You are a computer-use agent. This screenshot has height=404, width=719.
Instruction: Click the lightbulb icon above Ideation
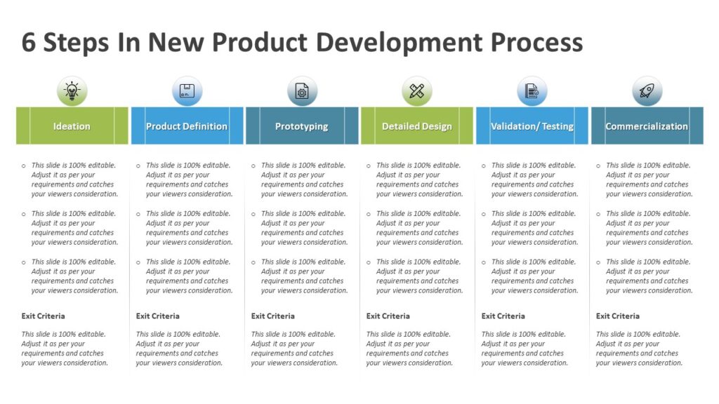[x=72, y=91]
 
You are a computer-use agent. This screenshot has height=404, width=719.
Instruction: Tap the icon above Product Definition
[x=187, y=91]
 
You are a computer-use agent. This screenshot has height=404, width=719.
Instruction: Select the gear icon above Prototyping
[x=302, y=91]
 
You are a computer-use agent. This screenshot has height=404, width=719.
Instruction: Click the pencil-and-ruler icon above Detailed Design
[x=417, y=91]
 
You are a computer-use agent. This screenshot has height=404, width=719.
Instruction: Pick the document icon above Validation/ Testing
[x=532, y=91]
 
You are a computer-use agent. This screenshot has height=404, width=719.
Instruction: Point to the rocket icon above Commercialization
[x=647, y=91]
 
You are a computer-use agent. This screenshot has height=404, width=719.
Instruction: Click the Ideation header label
[x=72, y=126]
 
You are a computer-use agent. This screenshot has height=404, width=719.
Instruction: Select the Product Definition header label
[x=187, y=126]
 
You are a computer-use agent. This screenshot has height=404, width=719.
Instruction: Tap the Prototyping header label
[x=302, y=126]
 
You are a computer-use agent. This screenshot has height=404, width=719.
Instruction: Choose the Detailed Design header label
[x=417, y=126]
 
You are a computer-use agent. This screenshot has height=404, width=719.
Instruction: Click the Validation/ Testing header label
[x=532, y=126]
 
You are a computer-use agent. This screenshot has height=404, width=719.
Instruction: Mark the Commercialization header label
[x=647, y=126]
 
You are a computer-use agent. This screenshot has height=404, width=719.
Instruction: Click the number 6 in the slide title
[x=29, y=43]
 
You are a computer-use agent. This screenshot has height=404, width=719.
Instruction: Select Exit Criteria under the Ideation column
[x=43, y=316]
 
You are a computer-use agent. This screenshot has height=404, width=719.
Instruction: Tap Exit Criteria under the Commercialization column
[x=618, y=316]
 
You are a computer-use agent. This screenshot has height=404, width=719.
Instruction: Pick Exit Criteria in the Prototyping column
[x=273, y=316]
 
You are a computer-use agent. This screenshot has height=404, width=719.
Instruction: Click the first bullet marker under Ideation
[x=23, y=166]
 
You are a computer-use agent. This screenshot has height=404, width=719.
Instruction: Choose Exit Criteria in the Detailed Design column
[x=388, y=316]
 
